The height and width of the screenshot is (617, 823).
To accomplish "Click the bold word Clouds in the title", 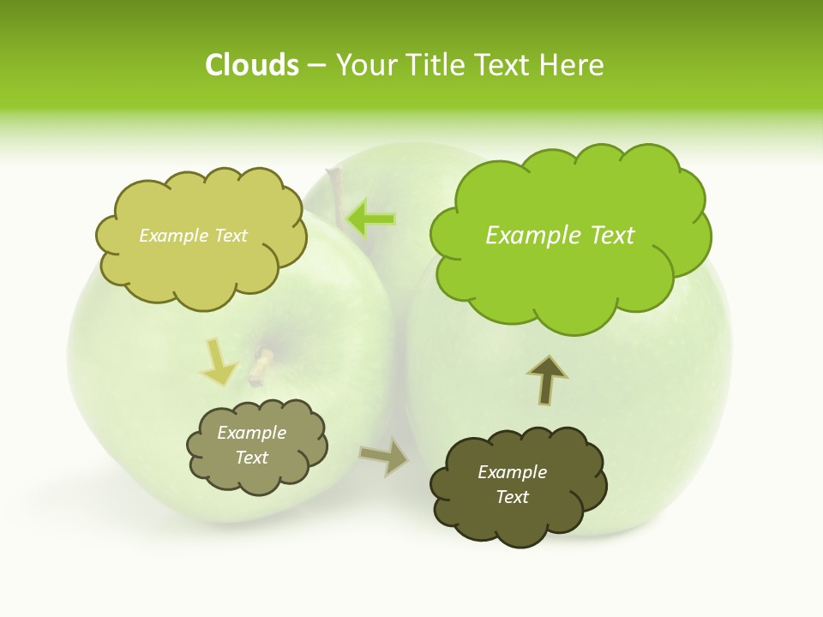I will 252,65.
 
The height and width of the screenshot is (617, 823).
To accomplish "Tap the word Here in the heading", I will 572,65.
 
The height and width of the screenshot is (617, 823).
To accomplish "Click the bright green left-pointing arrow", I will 371,219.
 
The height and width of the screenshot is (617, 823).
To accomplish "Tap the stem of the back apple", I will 335,189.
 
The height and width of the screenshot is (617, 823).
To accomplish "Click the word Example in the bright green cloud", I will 526,236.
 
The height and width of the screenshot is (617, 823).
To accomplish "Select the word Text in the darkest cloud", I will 512,497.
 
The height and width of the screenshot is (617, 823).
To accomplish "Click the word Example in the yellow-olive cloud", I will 170,236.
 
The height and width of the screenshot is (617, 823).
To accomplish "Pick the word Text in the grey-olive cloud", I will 252,458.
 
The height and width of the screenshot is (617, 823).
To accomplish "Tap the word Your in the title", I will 362,65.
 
